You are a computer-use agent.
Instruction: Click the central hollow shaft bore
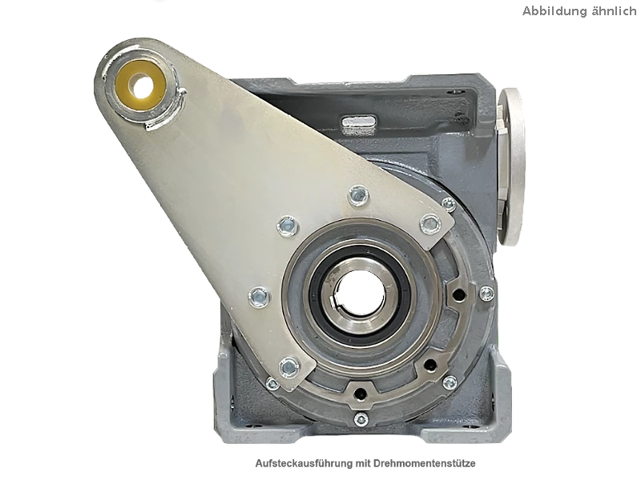coord(359,291)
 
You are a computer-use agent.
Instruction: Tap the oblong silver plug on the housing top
coord(359,122)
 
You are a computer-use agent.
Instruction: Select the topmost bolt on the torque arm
coord(358,195)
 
